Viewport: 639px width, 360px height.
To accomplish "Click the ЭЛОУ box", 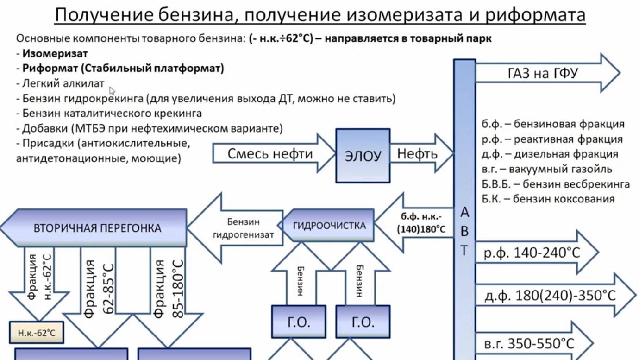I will (x=363, y=155).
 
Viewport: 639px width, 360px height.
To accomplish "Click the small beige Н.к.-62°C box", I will (x=36, y=333).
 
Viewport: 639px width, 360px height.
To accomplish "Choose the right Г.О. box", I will (x=363, y=322).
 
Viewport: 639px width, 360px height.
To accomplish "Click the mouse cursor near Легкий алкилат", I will (x=112, y=90).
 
